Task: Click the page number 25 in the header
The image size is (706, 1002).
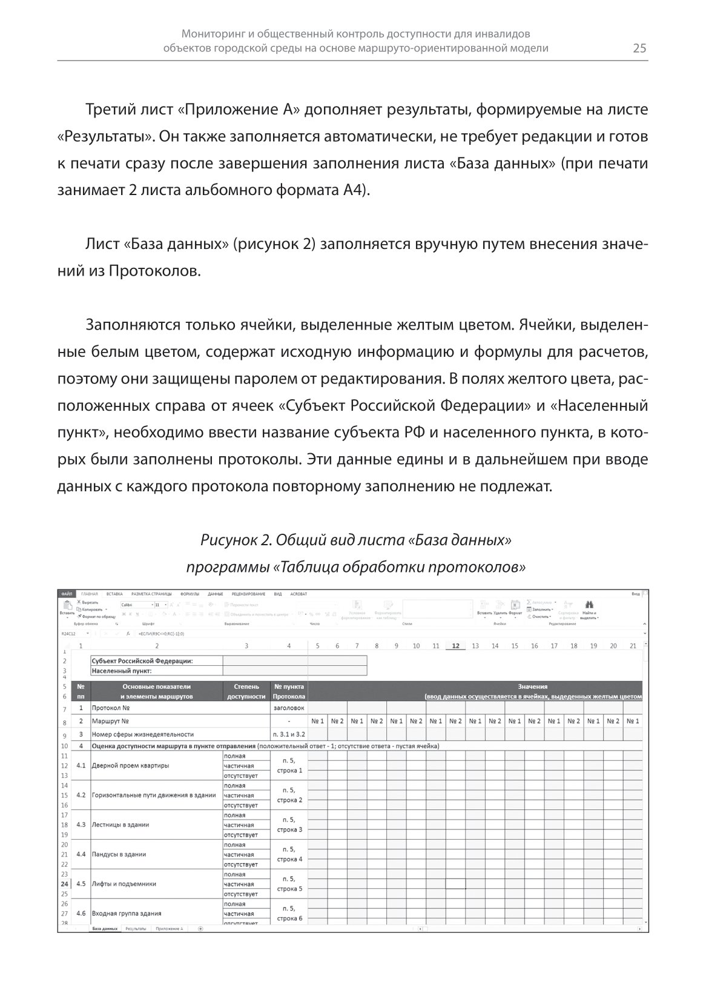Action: (x=639, y=48)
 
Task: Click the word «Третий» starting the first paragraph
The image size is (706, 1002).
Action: (x=112, y=110)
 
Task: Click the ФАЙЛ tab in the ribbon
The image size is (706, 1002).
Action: (x=66, y=594)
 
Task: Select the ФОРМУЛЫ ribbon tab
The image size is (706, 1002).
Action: (x=190, y=594)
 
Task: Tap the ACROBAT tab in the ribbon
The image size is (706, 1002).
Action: (x=299, y=594)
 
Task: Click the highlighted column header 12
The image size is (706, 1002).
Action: (x=455, y=646)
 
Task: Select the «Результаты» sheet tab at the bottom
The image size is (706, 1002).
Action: (x=136, y=928)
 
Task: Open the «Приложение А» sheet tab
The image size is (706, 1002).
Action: (x=169, y=928)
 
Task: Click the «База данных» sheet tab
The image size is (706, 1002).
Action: (x=104, y=928)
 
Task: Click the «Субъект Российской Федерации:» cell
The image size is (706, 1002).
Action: (x=142, y=661)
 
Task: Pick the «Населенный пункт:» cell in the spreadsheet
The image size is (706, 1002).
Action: (x=121, y=671)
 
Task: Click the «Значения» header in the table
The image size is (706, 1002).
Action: (x=533, y=686)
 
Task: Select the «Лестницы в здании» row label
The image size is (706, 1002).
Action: (x=120, y=824)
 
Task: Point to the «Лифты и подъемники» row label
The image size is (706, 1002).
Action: (x=124, y=884)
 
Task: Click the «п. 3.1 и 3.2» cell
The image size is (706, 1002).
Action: (x=289, y=734)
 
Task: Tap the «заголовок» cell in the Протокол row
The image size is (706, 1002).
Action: (x=289, y=708)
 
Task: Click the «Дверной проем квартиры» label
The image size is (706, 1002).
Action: (x=130, y=765)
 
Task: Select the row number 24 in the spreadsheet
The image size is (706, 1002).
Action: (x=64, y=884)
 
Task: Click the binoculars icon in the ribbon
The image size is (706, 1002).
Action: (x=589, y=605)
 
